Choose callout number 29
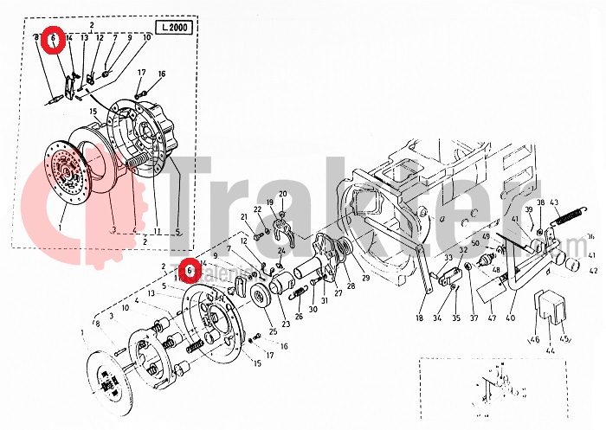(365, 278)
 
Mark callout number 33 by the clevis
(448, 257)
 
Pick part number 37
(473, 318)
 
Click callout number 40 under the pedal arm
(510, 318)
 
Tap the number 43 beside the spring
(555, 203)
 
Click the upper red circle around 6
(53, 40)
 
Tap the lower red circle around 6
(188, 273)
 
